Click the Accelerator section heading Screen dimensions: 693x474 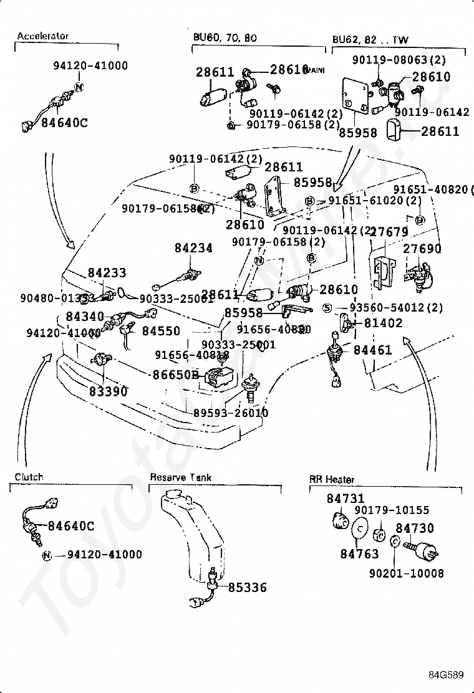(x=42, y=36)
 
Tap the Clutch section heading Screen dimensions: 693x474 (x=29, y=477)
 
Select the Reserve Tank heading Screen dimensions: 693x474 (x=180, y=477)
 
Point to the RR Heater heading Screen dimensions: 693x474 (x=332, y=479)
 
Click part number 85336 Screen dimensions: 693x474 (x=247, y=587)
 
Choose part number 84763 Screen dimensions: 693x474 (x=360, y=552)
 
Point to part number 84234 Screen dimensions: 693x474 (x=193, y=248)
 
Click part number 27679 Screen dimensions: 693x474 (x=389, y=232)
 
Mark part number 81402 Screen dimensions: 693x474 (x=383, y=323)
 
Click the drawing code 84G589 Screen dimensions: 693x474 (x=447, y=675)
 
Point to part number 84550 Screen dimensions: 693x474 (x=160, y=331)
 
